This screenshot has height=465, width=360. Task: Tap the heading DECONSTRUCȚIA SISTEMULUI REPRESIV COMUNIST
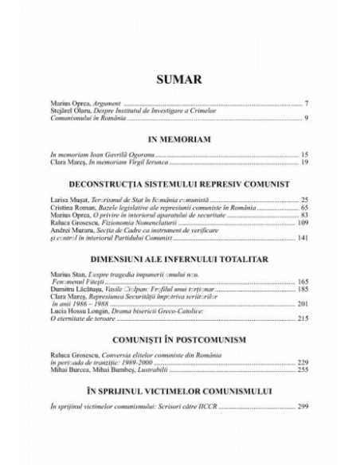(x=178, y=182)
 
